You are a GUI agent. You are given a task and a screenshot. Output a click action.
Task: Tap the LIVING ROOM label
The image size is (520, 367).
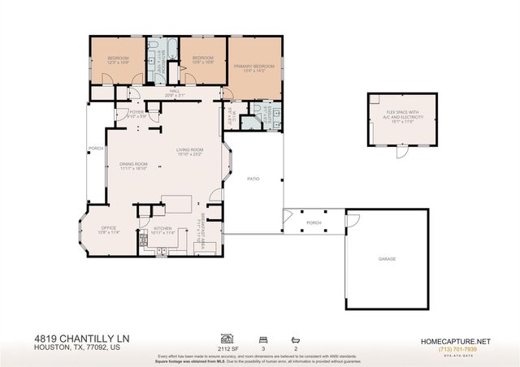189,150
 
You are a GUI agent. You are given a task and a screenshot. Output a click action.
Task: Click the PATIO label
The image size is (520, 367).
253,179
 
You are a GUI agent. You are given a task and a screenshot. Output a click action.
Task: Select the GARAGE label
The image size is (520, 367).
387,258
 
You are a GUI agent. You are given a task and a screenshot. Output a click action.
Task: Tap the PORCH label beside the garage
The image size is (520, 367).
314,222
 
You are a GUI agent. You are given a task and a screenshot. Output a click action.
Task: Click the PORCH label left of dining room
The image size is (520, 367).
96,149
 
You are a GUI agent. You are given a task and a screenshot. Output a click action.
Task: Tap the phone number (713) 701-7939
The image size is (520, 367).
455,349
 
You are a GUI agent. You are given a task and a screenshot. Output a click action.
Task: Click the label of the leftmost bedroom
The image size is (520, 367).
119,58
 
